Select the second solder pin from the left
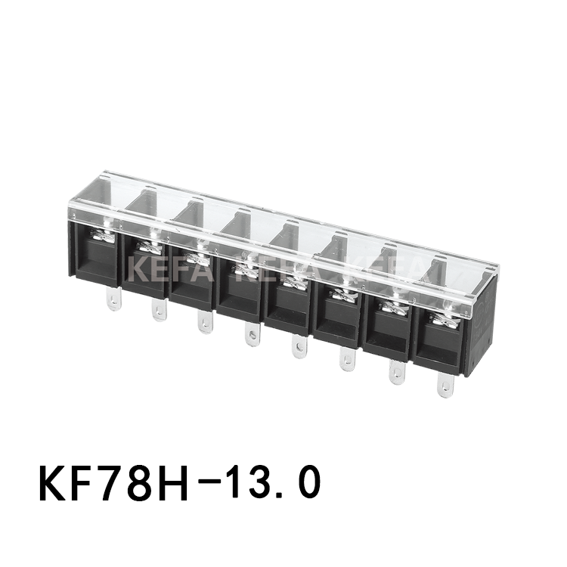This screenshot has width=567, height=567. pos(159,308)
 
